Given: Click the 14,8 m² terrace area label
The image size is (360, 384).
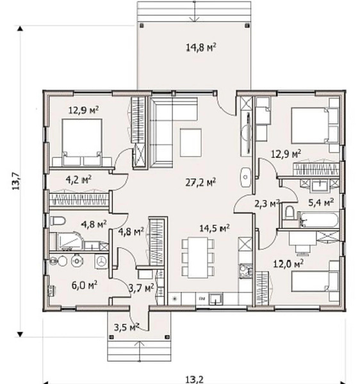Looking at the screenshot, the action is pyautogui.click(x=201, y=47).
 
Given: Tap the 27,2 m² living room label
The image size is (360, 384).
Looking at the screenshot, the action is pyautogui.click(x=200, y=182).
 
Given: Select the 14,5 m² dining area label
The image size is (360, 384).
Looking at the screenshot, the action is pyautogui.click(x=215, y=228).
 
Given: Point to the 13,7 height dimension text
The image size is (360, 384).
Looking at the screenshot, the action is pyautogui.click(x=15, y=181).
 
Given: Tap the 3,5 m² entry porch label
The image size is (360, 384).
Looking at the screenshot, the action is pyautogui.click(x=126, y=327).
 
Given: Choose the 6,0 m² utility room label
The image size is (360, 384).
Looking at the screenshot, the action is pyautogui.click(x=85, y=285).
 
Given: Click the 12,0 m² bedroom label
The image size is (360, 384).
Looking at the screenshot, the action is pyautogui.click(x=288, y=264).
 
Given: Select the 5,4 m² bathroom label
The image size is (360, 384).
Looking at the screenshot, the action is pyautogui.click(x=321, y=202).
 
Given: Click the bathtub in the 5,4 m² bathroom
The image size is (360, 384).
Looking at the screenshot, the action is pyautogui.click(x=318, y=220).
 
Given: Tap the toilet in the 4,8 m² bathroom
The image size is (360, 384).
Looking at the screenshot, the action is pyautogui.click(x=58, y=221).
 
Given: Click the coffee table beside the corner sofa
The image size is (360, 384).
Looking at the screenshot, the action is pyautogui.click(x=191, y=143).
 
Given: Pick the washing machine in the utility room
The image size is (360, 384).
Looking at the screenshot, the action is pyautogui.click(x=101, y=261).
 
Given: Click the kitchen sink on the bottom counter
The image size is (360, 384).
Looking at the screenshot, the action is pyautogui.click(x=216, y=298).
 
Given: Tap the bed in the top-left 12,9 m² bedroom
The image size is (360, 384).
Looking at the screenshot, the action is pyautogui.click(x=82, y=142).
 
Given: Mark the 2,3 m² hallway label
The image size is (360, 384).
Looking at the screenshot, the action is pyautogui.click(x=267, y=204).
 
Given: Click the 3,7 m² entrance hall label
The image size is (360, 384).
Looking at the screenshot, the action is pyautogui.click(x=142, y=288).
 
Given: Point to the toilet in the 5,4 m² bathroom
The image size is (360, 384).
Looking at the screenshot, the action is pyautogui.click(x=290, y=212).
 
